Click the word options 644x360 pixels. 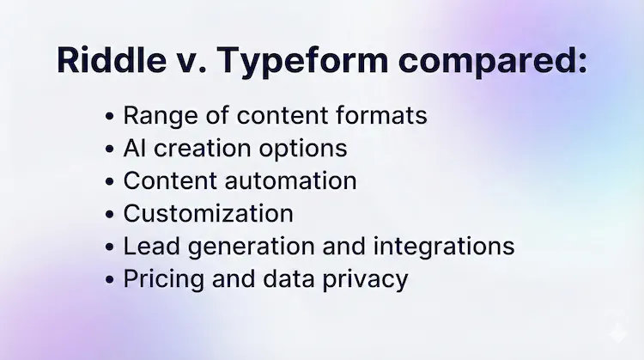(301, 148)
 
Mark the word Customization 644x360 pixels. (209, 213)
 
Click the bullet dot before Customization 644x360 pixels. (109, 215)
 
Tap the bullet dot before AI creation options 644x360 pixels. (109, 149)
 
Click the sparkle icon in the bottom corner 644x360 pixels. (616, 335)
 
